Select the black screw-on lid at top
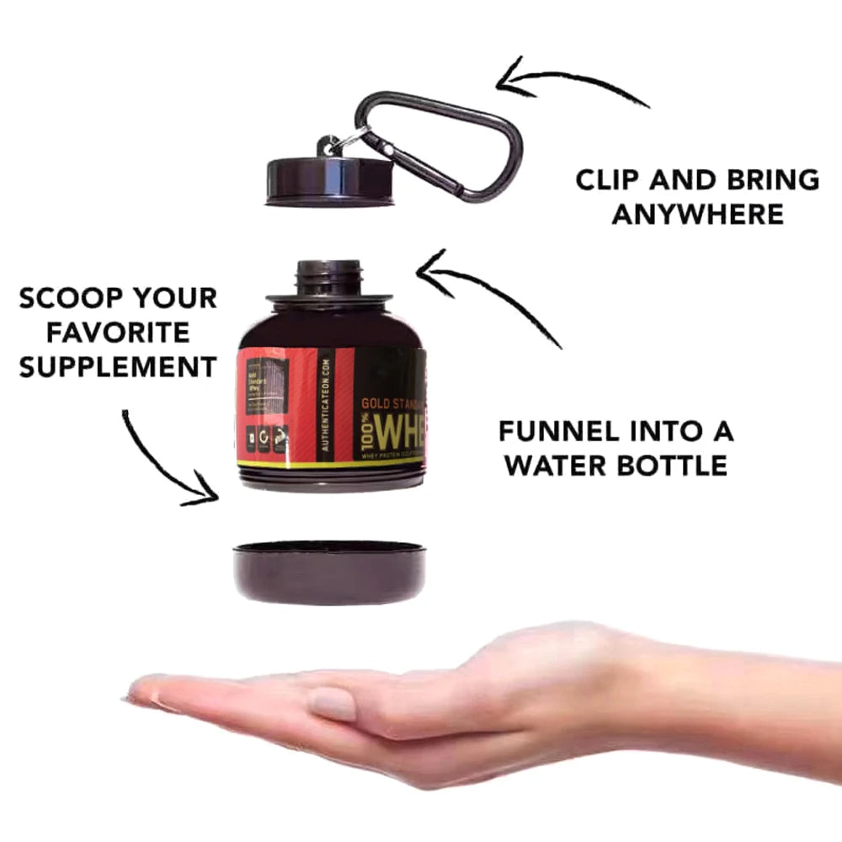[329, 181]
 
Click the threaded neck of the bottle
[329, 277]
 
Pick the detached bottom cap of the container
[328, 572]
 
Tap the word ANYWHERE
[697, 215]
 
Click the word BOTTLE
[674, 465]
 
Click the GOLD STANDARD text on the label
[392, 402]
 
